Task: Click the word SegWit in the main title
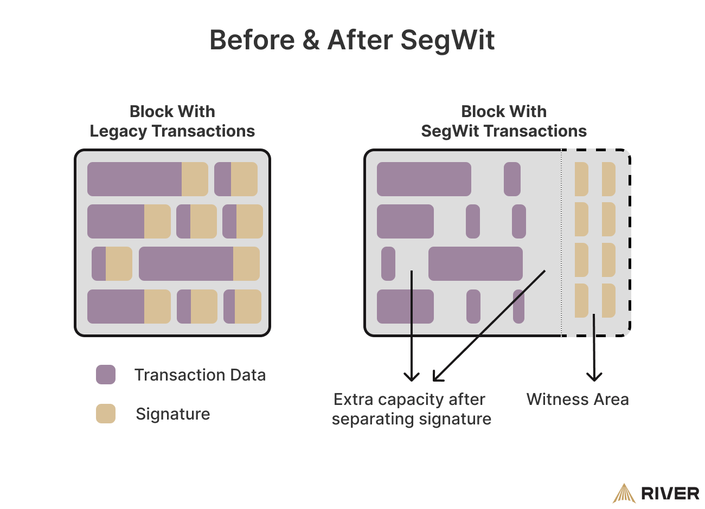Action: [447, 40]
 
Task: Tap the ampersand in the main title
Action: [311, 40]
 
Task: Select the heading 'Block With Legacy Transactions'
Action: [172, 121]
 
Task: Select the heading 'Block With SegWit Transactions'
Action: [504, 121]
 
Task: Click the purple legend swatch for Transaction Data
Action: [106, 375]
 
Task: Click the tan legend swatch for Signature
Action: [106, 414]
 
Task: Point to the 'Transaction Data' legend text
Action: [200, 375]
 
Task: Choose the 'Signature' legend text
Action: [173, 414]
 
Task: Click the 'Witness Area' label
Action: [578, 400]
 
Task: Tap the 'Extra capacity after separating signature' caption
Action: [411, 409]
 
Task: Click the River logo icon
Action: [624, 493]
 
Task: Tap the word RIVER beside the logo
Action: [670, 494]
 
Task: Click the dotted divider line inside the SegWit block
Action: [561, 244]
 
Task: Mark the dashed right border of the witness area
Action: [630, 244]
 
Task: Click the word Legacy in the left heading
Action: [118, 131]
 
